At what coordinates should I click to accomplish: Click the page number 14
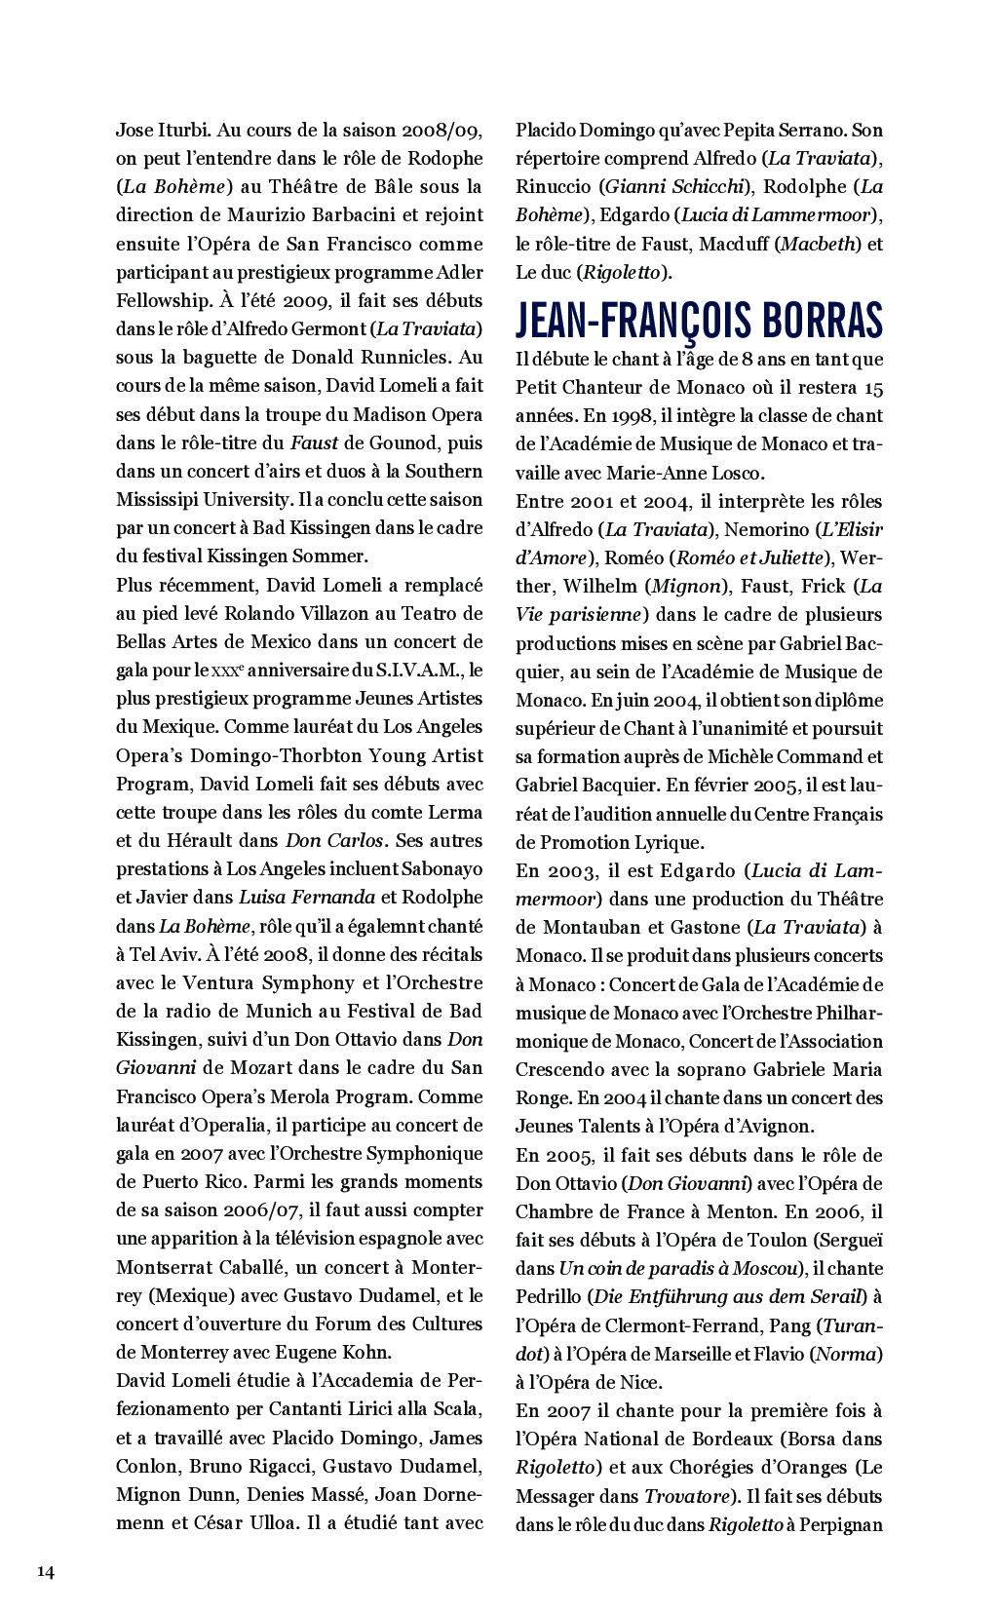[x=46, y=1570]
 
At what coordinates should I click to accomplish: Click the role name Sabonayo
[x=436, y=868]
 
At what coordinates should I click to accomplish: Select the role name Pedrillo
[x=551, y=1296]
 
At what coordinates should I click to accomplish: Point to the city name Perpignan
[x=840, y=1523]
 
